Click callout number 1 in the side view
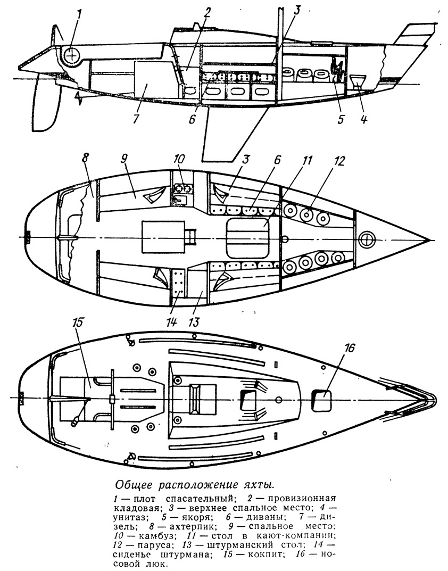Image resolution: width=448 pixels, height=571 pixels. click(x=79, y=16)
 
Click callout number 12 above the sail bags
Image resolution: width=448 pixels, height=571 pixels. click(x=338, y=161)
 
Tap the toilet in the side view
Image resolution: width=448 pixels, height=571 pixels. click(x=358, y=81)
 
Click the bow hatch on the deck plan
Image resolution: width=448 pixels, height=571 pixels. click(x=322, y=401)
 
